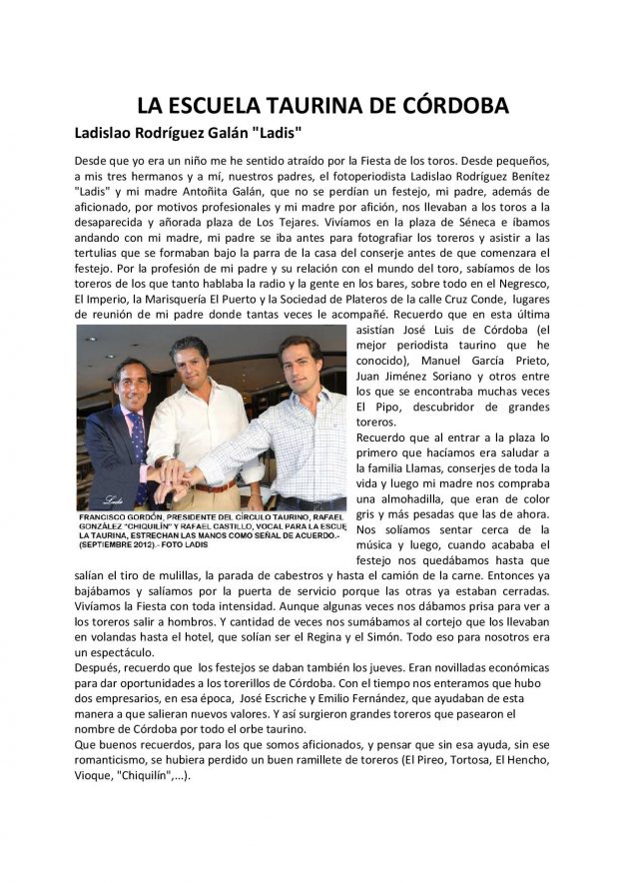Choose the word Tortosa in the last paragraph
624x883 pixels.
pyautogui.click(x=461, y=758)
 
